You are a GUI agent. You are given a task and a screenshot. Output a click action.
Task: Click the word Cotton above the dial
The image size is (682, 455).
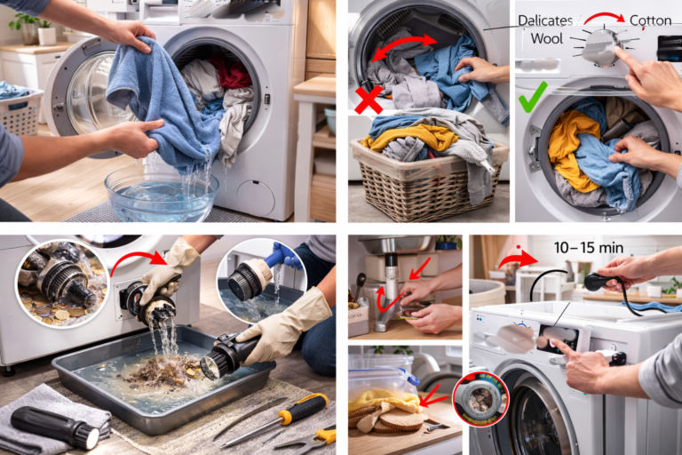pos(650,20)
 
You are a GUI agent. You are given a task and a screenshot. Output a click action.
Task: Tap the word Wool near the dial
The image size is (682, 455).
pos(547,39)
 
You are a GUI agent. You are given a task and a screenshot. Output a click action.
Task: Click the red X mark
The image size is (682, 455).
pos(369,99)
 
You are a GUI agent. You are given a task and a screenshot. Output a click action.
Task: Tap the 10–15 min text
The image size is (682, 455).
pos(575,246)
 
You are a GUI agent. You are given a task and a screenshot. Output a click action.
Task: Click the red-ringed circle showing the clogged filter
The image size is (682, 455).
pos(480,398)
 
